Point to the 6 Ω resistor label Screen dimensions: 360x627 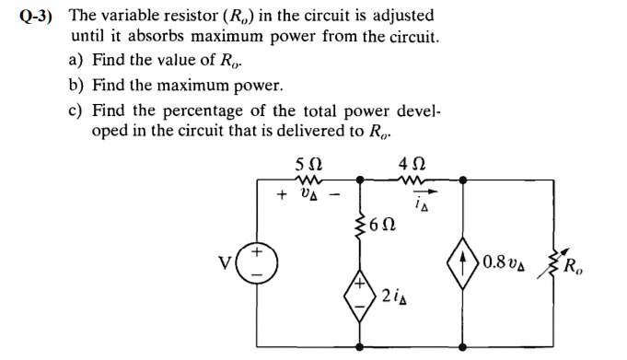click(x=382, y=224)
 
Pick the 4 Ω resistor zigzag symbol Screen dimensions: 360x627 click(x=410, y=181)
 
